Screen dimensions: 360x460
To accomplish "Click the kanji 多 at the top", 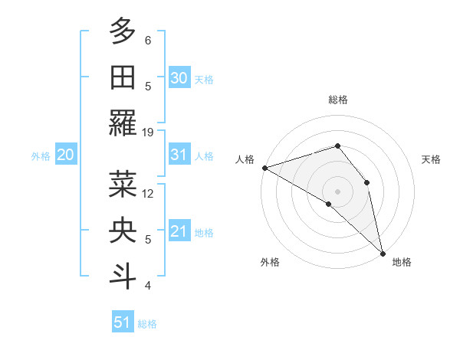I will pos(123,32).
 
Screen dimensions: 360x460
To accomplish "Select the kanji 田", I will pos(123,78).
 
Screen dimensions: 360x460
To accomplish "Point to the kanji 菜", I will pos(123,185).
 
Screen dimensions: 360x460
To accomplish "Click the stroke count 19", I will pos(148,132).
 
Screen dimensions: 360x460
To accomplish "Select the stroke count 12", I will pos(148,193).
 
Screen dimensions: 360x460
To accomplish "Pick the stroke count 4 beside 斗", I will pos(148,286).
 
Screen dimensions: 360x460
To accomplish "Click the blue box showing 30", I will pos(179,77).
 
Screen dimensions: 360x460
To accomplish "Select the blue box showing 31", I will pos(179,155).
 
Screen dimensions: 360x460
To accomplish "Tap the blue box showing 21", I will pos(179,231).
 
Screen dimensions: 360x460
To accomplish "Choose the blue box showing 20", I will pos(65,155).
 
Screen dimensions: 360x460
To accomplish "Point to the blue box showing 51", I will pos(123,322).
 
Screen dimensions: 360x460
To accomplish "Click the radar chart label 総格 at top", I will pos(337,100).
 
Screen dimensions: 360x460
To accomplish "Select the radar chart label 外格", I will pos(270,262).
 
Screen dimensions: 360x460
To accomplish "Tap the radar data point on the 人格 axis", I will pos(264,168).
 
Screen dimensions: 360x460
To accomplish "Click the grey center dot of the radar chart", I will pos(337,190).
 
